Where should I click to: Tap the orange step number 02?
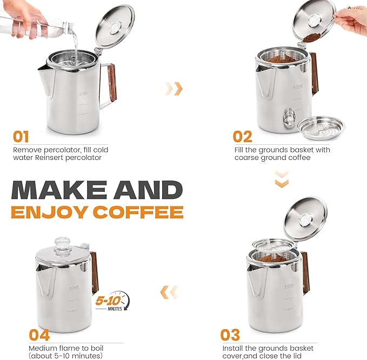243,136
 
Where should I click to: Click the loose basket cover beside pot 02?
321,126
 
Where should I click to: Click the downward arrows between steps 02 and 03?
282,179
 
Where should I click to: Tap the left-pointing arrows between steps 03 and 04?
169,292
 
